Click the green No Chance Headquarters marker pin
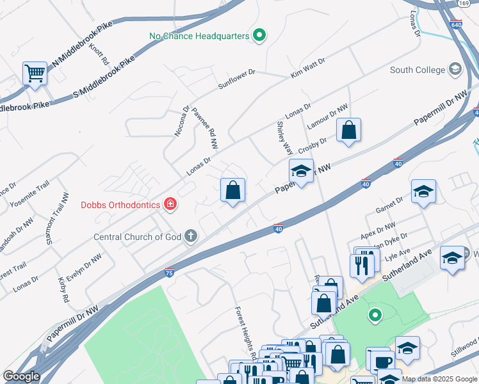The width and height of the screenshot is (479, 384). pos(259,36)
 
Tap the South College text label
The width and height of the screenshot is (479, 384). pos(418,70)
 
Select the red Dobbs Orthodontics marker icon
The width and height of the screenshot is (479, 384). pos(170,205)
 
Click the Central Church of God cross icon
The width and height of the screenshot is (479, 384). pos(190,237)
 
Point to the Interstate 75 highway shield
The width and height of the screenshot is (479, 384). pos(169,271)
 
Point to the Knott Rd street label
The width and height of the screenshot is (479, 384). pos(99,55)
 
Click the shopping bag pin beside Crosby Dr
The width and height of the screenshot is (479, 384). pos(348,130)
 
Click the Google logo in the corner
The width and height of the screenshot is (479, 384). pos(22,376)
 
